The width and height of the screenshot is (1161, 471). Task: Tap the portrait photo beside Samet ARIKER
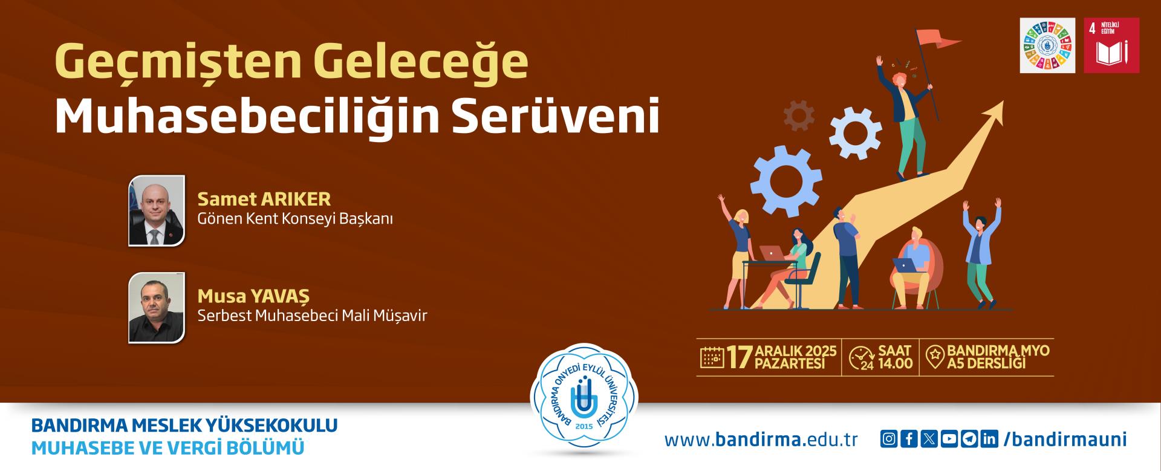157,210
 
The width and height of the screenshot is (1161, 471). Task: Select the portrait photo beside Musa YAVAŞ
157,308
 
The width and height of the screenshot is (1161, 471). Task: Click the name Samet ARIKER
264,199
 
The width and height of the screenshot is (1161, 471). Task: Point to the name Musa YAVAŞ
253,296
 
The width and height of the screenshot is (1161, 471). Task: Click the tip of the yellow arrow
1004,101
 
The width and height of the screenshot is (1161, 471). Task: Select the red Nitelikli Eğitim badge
1111,45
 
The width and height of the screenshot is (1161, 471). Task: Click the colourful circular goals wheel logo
1048,45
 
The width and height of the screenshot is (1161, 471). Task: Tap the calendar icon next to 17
712,357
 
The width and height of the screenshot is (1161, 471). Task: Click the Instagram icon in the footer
888,440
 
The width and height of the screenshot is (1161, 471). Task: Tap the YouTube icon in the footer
949,440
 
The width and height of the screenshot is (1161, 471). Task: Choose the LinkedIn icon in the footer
989,440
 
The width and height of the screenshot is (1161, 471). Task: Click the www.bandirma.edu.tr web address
761,440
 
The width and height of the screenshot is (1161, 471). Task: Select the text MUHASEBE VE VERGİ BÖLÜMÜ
167,448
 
